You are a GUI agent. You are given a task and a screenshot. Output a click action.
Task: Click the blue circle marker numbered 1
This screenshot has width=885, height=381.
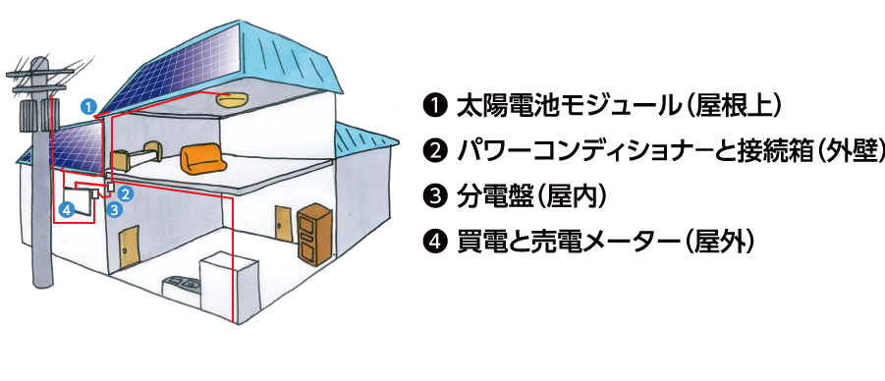pyautogui.click(x=88, y=106)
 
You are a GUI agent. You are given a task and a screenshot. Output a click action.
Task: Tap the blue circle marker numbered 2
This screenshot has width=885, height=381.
pyautogui.click(x=126, y=193)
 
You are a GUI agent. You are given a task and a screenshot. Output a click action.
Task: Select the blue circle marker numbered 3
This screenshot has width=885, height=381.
pyautogui.click(x=115, y=210)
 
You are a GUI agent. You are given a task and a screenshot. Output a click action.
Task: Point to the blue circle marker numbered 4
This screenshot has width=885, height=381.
pyautogui.click(x=67, y=210)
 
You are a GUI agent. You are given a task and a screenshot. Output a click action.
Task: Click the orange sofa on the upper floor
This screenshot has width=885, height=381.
pyautogui.click(x=203, y=156)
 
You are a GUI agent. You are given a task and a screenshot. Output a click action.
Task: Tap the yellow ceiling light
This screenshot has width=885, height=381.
pyautogui.click(x=232, y=100)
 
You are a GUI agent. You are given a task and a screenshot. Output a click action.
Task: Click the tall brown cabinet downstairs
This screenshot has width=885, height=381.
pyautogui.click(x=314, y=234)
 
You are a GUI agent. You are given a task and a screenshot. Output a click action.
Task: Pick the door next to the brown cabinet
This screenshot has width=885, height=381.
pyautogui.click(x=283, y=225)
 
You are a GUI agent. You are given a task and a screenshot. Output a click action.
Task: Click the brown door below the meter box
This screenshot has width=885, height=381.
pyautogui.click(x=130, y=246)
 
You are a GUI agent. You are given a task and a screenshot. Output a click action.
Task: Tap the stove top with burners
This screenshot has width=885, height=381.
pyautogui.click(x=183, y=285)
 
